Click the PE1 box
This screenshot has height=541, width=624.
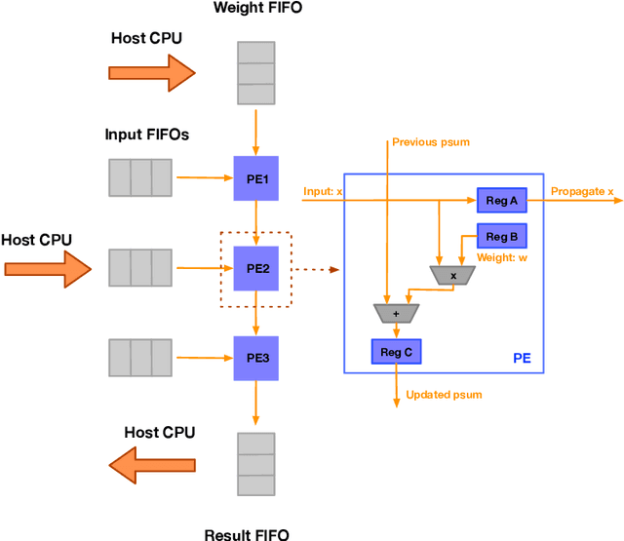tap(256, 178)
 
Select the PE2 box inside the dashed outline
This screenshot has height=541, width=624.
tap(256, 267)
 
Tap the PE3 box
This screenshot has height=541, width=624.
tap(256, 357)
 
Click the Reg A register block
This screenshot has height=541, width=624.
tap(502, 201)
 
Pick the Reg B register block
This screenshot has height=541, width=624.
tap(502, 237)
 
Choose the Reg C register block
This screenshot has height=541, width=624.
tap(396, 352)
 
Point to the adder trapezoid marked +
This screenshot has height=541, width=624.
tap(396, 313)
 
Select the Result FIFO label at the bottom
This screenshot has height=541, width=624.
tap(247, 533)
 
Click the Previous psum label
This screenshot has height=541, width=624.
tap(430, 142)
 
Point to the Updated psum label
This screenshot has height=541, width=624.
tap(444, 394)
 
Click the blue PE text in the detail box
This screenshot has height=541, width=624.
tap(523, 359)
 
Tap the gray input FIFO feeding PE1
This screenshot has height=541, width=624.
tap(140, 177)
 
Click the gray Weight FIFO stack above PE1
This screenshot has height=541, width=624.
tap(256, 72)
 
